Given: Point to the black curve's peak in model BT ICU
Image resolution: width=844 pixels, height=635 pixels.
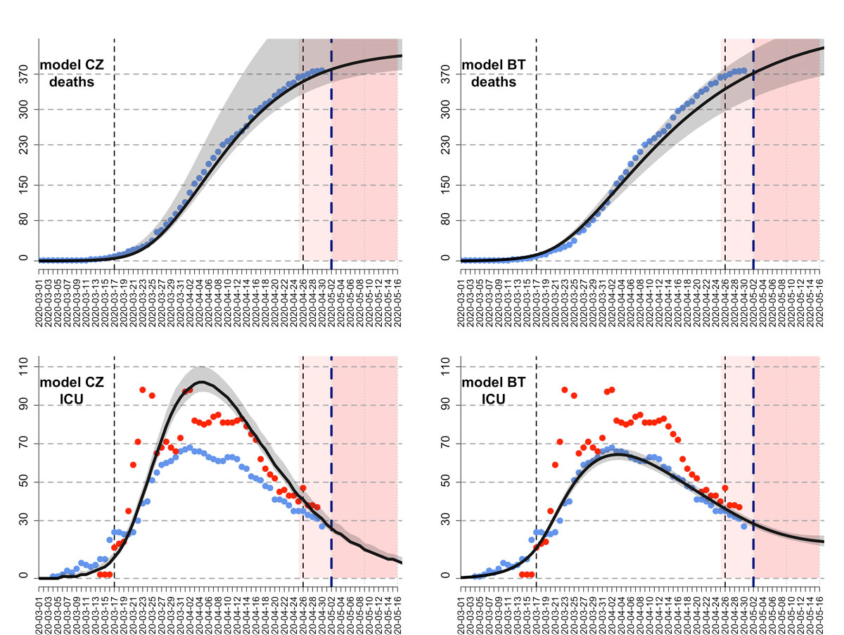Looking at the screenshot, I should [x=618, y=454].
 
